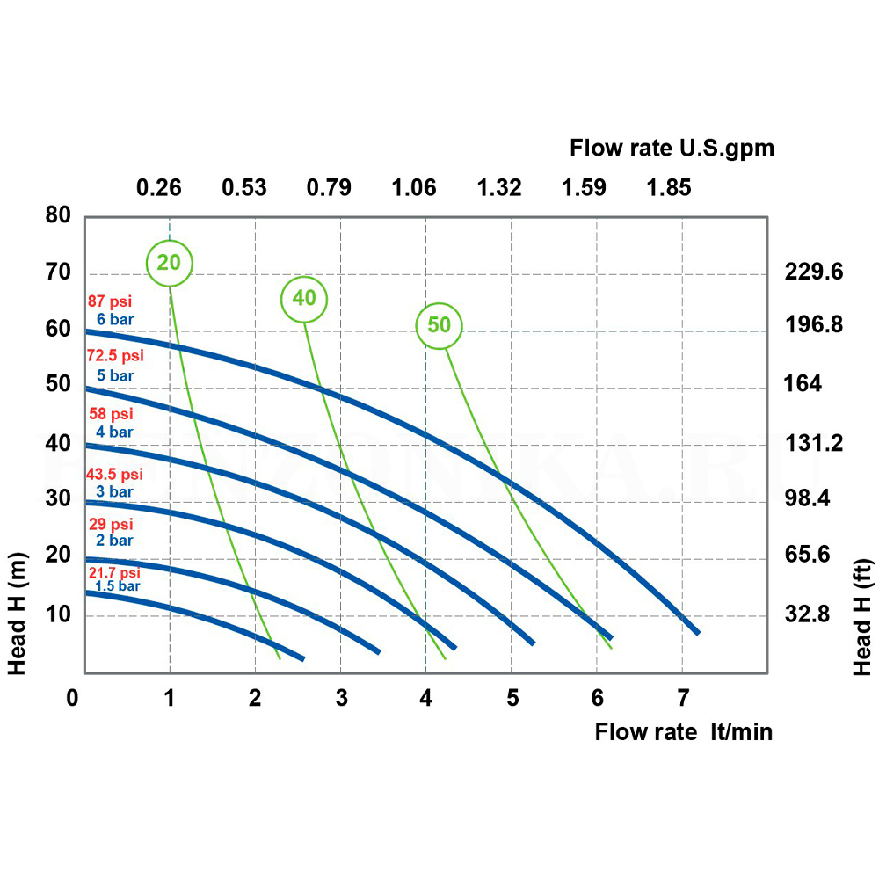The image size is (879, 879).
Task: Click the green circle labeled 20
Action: coord(169,262)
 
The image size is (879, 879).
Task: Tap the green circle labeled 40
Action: coord(304,299)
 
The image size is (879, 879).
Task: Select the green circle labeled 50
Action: coord(439,325)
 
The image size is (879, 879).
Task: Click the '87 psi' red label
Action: coord(109,301)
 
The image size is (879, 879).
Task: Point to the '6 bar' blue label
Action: coord(115,319)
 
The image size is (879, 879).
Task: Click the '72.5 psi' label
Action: coord(115,357)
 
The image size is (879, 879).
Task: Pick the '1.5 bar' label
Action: coord(117,585)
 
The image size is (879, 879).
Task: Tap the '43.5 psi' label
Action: coord(114,475)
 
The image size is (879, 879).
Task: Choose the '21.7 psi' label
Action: coord(113,572)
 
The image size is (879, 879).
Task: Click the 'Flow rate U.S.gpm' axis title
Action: coord(672,148)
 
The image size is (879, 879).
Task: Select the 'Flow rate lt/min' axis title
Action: coord(684,731)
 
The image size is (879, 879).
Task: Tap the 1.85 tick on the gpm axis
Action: coord(669,187)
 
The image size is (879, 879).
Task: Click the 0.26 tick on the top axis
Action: coord(158,187)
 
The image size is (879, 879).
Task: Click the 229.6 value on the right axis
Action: coord(813,272)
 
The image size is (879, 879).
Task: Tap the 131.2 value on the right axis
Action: coord(813,443)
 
